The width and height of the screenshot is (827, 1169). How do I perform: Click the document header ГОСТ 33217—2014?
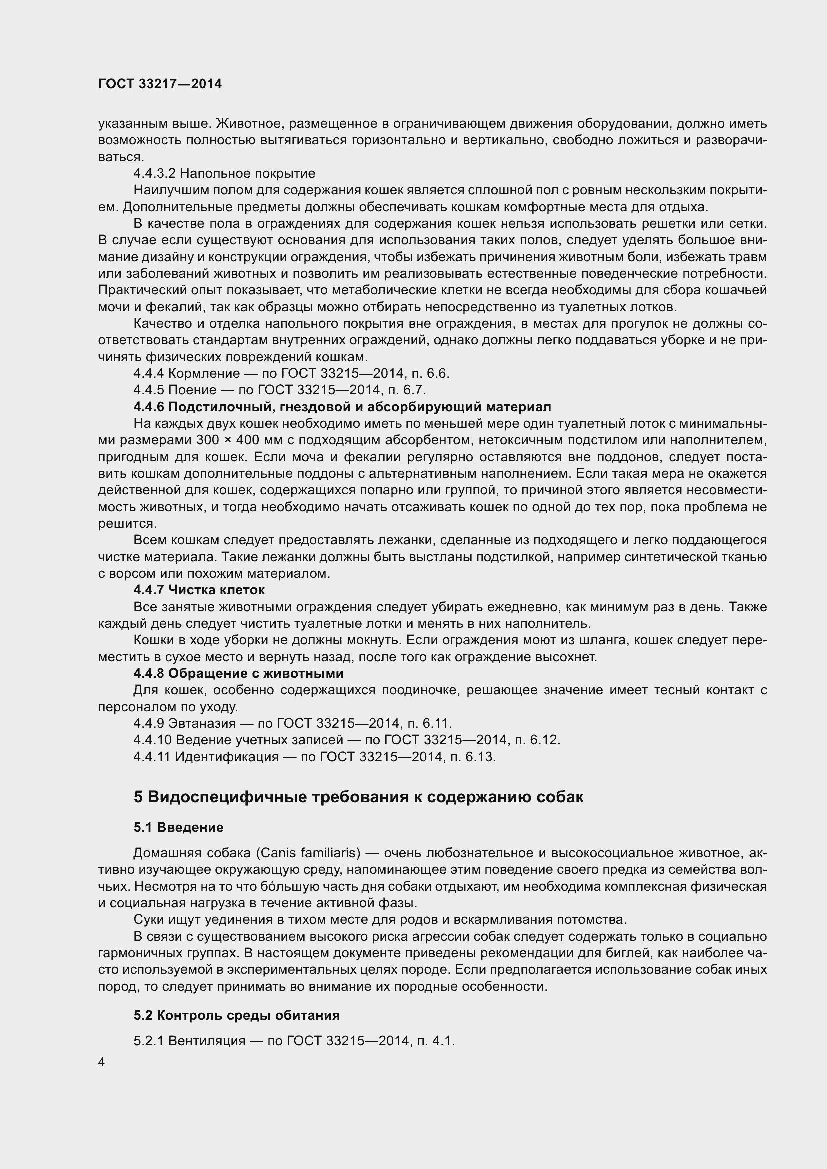click(x=160, y=84)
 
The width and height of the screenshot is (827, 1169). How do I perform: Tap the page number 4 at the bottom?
click(x=102, y=1062)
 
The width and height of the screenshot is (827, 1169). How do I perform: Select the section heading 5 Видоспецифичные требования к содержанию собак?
click(x=358, y=797)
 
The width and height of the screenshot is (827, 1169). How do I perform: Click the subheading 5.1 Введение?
click(x=178, y=827)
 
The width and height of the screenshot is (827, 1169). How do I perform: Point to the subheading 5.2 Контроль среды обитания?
click(x=237, y=1015)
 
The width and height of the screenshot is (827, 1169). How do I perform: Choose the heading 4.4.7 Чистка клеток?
click(x=199, y=590)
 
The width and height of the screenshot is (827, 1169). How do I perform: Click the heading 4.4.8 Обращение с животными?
click(x=239, y=673)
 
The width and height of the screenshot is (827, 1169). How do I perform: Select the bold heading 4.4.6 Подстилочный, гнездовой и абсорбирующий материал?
click(x=342, y=407)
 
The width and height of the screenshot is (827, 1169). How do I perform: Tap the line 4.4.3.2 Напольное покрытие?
click(x=224, y=173)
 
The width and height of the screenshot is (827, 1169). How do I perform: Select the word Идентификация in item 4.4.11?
click(x=227, y=757)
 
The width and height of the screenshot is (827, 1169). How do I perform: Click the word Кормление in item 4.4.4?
click(x=201, y=374)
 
